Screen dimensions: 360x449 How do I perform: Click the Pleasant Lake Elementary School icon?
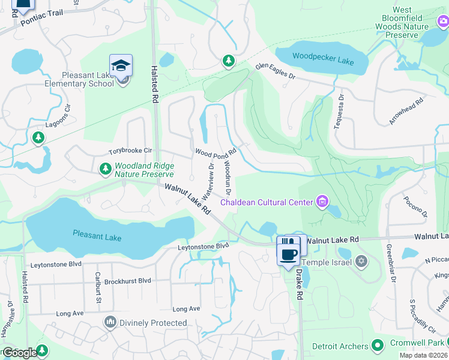pyautogui.click(x=121, y=65)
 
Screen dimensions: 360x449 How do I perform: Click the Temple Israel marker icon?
pyautogui.click(x=361, y=261)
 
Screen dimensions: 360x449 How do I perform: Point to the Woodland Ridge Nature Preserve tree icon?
pyautogui.click(x=105, y=169)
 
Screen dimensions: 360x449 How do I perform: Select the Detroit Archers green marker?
pyautogui.click(x=378, y=345)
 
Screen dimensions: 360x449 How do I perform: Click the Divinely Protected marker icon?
pyautogui.click(x=110, y=323)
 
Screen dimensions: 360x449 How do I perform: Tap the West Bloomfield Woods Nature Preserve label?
pyautogui.click(x=411, y=23)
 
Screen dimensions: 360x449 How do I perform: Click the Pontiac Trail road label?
pyautogui.click(x=40, y=22)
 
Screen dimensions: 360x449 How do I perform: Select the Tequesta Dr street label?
pyautogui.click(x=340, y=110)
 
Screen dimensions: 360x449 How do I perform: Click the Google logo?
pyautogui.click(x=20, y=352)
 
